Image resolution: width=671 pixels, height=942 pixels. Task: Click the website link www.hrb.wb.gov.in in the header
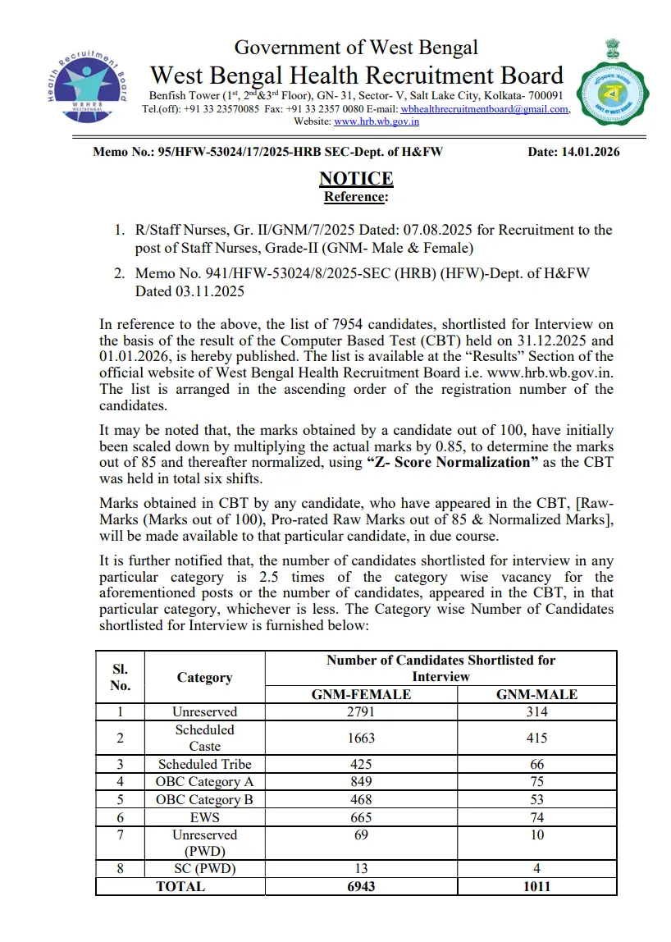pyautogui.click(x=377, y=121)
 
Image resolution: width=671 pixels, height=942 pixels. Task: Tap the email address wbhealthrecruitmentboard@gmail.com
pyautogui.click(x=491, y=109)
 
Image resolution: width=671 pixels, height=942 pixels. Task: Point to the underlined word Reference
pyautogui.click(x=356, y=197)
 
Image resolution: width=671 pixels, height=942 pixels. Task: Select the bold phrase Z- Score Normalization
pyautogui.click(x=449, y=462)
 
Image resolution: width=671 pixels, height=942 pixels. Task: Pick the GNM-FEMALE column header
pyautogui.click(x=361, y=694)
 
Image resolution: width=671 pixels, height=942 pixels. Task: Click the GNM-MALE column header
pyautogui.click(x=536, y=694)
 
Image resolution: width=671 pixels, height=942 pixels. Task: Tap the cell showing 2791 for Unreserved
pyautogui.click(x=361, y=711)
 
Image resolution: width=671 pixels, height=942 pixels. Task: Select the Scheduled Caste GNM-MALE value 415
pyautogui.click(x=536, y=738)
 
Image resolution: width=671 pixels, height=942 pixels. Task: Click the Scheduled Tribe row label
pyautogui.click(x=204, y=764)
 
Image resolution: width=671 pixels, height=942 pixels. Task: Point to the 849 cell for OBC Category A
pyautogui.click(x=361, y=782)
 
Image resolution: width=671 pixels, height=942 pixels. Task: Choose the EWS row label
pyautogui.click(x=204, y=817)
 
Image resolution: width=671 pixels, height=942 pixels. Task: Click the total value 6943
pyautogui.click(x=361, y=886)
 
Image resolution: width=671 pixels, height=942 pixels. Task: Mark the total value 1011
pyautogui.click(x=536, y=886)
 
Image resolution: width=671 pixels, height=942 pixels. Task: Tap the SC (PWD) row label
pyautogui.click(x=204, y=869)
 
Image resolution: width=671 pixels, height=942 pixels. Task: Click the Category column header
pyautogui.click(x=204, y=677)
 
